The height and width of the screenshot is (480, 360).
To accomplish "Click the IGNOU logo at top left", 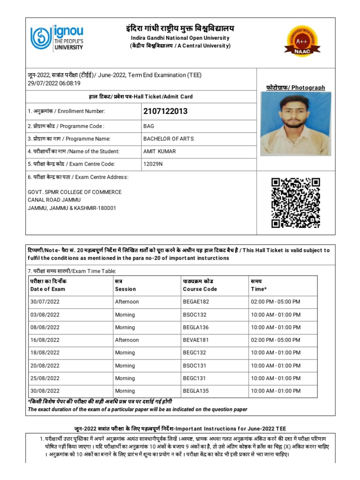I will click(57, 37).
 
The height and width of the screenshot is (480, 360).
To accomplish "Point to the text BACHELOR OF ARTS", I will click(168, 139).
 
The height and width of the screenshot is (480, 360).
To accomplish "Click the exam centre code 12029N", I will click(153, 164).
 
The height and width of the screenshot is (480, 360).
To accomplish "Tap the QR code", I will click(296, 202).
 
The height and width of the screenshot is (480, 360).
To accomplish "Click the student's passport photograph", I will click(296, 124).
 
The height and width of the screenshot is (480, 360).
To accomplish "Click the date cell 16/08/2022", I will click(45, 340).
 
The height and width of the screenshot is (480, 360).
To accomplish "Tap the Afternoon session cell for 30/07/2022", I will click(127, 302).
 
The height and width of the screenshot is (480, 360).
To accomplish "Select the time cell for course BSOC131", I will click(276, 366).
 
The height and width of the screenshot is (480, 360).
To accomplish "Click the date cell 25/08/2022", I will click(45, 378).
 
